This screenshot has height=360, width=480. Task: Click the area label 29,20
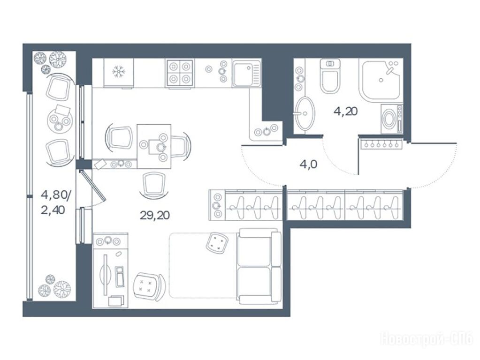pos(154,215)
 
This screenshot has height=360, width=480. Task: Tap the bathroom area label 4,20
pos(346,112)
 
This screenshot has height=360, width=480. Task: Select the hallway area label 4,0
pos(308,165)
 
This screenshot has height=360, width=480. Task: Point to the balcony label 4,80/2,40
pos(56,202)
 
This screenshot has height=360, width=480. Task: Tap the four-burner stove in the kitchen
pos(179,73)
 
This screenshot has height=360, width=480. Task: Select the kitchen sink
pos(246,73)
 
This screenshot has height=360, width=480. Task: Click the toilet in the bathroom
pos(330,76)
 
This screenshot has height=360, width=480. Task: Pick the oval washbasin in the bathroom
pos(305,113)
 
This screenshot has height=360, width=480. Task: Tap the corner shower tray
pos(381,80)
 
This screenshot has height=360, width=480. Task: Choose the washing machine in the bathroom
pos(392,119)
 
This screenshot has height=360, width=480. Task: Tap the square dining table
pos(154,147)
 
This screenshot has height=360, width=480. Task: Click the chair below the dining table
pos(154,184)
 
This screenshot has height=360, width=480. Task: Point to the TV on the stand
pos(106,275)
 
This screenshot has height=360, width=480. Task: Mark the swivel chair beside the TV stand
pos(149,286)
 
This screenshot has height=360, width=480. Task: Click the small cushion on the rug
pos(217,243)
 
